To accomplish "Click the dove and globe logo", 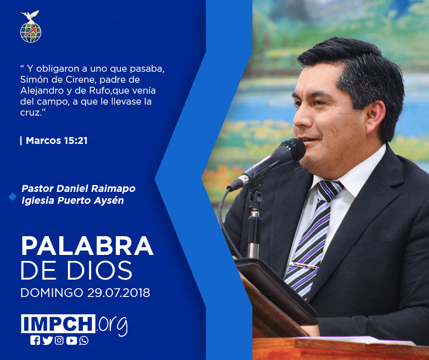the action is [31, 26].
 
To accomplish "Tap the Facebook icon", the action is [35, 340].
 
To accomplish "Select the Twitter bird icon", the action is [47, 340].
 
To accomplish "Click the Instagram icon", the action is [59, 340].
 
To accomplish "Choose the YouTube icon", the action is [71, 340].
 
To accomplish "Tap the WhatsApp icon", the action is [84, 340].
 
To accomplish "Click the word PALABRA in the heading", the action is [87, 246].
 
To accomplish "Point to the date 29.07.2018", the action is [119, 292].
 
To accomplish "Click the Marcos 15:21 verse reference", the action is [57, 141].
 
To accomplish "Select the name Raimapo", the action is [113, 189].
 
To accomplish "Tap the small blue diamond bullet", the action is [13, 196].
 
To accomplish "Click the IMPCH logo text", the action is [58, 323].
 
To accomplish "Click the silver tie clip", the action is [303, 265].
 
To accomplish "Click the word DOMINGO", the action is [52, 292].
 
